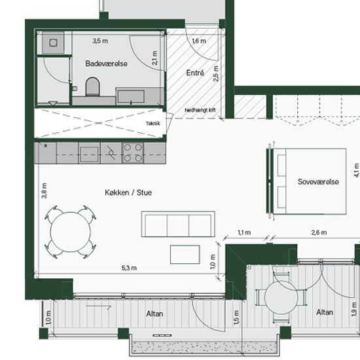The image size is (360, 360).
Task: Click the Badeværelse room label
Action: coord(106,63)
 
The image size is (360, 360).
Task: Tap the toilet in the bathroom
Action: coord(93,86)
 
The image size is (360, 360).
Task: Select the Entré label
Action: coord(195,73)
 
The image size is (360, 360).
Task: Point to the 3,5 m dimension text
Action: coord(100,41)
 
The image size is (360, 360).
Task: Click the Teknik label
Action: coord(153,124)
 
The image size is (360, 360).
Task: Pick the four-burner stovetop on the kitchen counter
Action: coord(133,153)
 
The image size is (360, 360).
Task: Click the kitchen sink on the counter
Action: coord(89,153)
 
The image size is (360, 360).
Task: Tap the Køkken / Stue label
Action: coord(128,192)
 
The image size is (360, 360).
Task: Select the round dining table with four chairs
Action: coord(71,232)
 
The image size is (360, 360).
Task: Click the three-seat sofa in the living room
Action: coord(178,224)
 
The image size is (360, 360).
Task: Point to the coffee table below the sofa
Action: coord(185,255)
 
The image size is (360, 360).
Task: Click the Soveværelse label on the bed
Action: coord(318,181)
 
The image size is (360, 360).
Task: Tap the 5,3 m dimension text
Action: coord(129,268)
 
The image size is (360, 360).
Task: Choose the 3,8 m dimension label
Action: coord(45,190)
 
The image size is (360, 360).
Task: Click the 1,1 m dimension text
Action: coord(244,232)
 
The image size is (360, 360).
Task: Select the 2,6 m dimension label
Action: coord(319,232)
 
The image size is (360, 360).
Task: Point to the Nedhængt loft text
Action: coord(200,110)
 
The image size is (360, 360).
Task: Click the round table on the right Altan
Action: coord(281,297)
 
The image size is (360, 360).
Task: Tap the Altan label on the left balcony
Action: coord(154,314)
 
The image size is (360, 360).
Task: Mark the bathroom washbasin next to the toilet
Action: coord(131,96)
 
